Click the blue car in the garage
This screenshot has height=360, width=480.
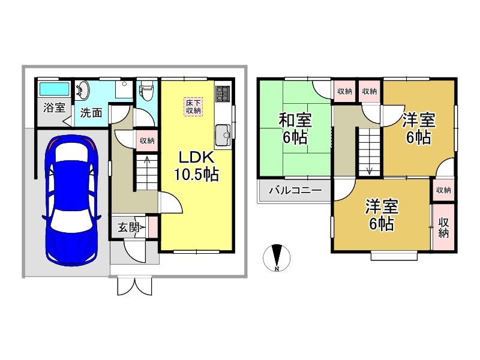70,200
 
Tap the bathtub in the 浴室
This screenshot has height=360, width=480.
55,90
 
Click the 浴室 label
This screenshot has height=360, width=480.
54,108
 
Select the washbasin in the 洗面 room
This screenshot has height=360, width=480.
83,91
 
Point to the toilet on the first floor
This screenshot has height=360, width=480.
146,92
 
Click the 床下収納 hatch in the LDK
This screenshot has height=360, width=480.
193,106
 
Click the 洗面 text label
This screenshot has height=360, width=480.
91,112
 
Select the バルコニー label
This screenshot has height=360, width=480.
295,193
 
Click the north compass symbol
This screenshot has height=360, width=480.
277,258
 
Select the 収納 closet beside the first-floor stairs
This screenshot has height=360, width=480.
147,141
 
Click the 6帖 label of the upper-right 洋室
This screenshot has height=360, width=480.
418,137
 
